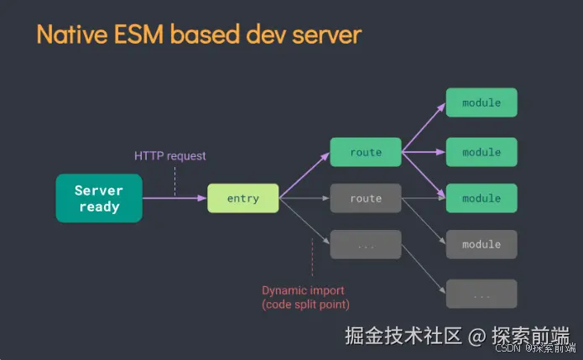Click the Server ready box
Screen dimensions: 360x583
pyautogui.click(x=99, y=199)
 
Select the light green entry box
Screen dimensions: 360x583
pyautogui.click(x=242, y=199)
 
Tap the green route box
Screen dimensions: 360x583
pyautogui.click(x=366, y=153)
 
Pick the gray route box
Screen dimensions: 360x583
pyautogui.click(x=366, y=199)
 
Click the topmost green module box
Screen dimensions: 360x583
pyautogui.click(x=481, y=102)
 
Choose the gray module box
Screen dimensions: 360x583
pyautogui.click(x=481, y=245)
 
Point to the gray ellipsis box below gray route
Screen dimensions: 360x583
pyautogui.click(x=366, y=245)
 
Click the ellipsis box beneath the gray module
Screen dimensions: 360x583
pyautogui.click(x=481, y=295)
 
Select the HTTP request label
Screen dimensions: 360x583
pyautogui.click(x=170, y=156)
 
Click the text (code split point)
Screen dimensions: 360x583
pyautogui.click(x=305, y=305)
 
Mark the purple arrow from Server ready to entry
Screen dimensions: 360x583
pyautogui.click(x=174, y=199)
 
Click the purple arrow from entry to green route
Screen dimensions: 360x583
pyautogui.click(x=304, y=176)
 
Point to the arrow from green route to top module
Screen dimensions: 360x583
pyautogui.click(x=424, y=128)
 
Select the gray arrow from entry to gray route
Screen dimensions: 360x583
pyautogui.click(x=305, y=199)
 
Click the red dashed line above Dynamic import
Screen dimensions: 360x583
pyautogui.click(x=311, y=256)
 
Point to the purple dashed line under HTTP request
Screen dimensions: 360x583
pyautogui.click(x=175, y=180)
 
